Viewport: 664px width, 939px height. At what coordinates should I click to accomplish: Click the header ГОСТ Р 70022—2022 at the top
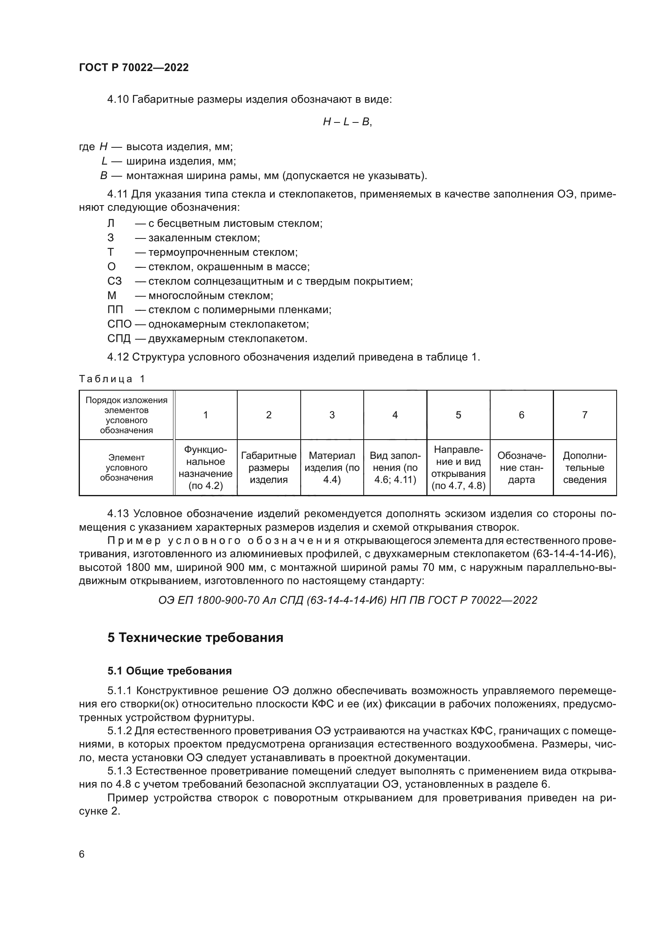[134, 67]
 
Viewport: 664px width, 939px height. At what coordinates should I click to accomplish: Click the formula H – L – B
[347, 122]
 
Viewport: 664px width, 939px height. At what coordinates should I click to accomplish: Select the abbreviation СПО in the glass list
[119, 324]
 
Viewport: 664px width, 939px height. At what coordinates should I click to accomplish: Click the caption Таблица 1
[112, 379]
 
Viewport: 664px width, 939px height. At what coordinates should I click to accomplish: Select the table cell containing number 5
[458, 415]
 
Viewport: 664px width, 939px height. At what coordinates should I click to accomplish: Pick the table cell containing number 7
[584, 415]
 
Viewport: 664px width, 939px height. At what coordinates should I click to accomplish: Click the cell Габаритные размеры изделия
[269, 467]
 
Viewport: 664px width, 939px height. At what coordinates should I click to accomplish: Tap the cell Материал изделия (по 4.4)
[332, 467]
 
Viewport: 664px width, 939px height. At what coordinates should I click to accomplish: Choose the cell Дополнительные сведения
[584, 467]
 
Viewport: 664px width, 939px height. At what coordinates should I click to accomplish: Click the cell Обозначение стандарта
[521, 467]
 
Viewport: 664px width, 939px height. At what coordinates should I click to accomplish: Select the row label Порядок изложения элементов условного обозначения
[126, 415]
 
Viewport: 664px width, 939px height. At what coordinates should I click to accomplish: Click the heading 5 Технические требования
[195, 638]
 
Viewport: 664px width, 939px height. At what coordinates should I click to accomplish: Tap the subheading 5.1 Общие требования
[169, 671]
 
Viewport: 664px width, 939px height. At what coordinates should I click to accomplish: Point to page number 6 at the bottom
[82, 854]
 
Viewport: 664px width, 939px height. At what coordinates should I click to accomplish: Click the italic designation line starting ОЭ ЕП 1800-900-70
[347, 600]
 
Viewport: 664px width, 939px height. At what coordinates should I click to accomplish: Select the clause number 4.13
[118, 514]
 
